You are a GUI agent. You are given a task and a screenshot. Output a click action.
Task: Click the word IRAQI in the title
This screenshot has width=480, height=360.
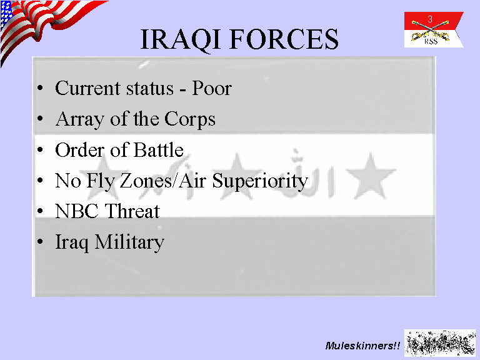180,39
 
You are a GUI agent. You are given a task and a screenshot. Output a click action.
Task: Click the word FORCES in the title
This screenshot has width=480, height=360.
284,39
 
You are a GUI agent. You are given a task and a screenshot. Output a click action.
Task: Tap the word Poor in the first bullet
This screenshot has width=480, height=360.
211,89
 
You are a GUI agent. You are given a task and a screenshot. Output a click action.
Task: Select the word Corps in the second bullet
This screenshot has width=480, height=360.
190,120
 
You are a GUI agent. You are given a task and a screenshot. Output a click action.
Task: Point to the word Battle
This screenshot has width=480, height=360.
158,150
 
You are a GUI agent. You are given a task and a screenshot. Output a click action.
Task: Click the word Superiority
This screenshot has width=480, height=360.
260,181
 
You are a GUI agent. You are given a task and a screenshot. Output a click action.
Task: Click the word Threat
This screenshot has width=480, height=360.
132,211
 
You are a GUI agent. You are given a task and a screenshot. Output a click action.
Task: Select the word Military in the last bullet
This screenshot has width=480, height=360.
129,242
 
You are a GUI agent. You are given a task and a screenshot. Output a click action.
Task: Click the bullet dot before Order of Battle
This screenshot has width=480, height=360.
40,150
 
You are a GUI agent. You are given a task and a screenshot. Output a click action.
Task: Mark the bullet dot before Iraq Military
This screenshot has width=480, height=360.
40,241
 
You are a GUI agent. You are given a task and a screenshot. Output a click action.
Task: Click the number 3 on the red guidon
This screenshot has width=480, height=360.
430,19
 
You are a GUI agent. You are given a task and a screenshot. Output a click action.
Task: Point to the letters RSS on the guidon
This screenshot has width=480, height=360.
431,42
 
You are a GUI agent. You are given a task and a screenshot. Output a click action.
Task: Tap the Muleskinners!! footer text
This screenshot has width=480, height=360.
362,346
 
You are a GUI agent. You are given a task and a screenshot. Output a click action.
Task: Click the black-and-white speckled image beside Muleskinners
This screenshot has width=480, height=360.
440,343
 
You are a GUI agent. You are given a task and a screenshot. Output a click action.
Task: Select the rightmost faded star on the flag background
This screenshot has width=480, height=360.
371,177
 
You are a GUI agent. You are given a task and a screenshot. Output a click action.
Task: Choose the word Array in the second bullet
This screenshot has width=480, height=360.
79,120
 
